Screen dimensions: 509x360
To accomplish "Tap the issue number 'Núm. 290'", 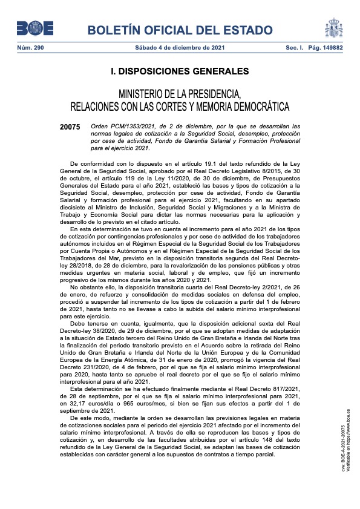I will click(28, 47).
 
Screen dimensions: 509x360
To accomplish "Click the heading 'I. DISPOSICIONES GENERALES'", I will click(180, 71).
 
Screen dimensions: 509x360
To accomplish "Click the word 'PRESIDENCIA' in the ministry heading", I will click(206, 94).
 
